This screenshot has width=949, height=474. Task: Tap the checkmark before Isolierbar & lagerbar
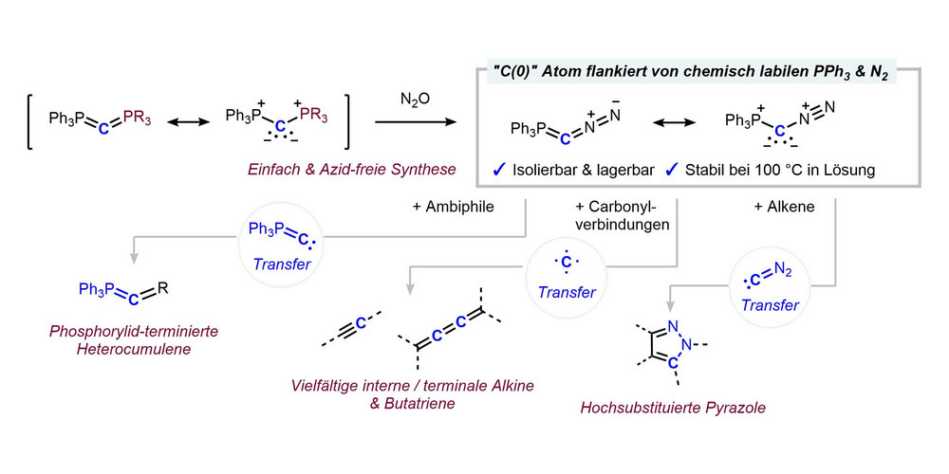click(498, 171)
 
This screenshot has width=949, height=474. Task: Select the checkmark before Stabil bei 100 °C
click(672, 171)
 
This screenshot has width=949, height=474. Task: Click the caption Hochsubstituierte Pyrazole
click(674, 409)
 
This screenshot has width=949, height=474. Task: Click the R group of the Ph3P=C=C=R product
click(164, 282)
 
